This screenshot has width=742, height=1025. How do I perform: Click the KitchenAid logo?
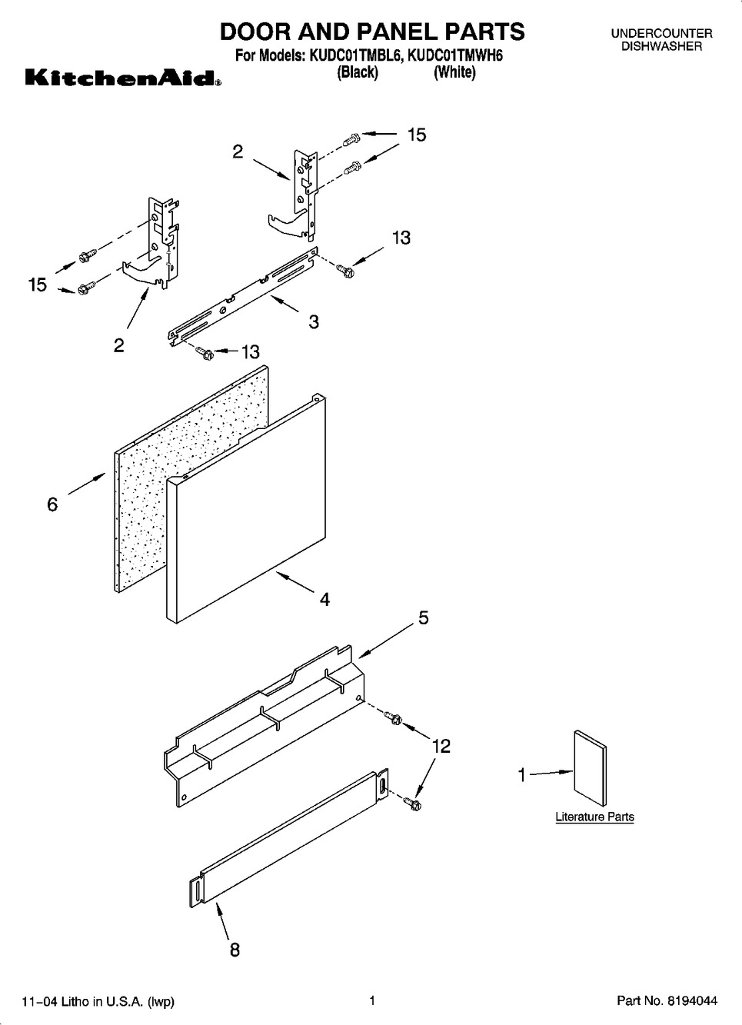124,78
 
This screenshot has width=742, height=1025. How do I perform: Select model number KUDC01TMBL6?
355,56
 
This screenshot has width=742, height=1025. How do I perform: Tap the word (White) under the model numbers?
454,72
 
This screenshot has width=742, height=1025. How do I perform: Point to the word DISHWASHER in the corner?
661,46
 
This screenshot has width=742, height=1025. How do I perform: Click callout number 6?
52,504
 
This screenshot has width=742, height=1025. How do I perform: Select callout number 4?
324,600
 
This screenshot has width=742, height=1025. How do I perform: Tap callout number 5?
423,618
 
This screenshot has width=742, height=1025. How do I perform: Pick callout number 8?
235,950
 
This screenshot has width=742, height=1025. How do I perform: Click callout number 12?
441,747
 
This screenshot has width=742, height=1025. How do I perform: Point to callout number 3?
314,321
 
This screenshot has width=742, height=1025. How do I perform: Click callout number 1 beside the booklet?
521,775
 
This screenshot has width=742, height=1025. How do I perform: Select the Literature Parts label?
594,817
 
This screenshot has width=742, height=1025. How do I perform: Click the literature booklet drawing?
591,768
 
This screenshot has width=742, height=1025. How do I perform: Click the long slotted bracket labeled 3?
242,297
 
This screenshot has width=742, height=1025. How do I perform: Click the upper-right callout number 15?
416,135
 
